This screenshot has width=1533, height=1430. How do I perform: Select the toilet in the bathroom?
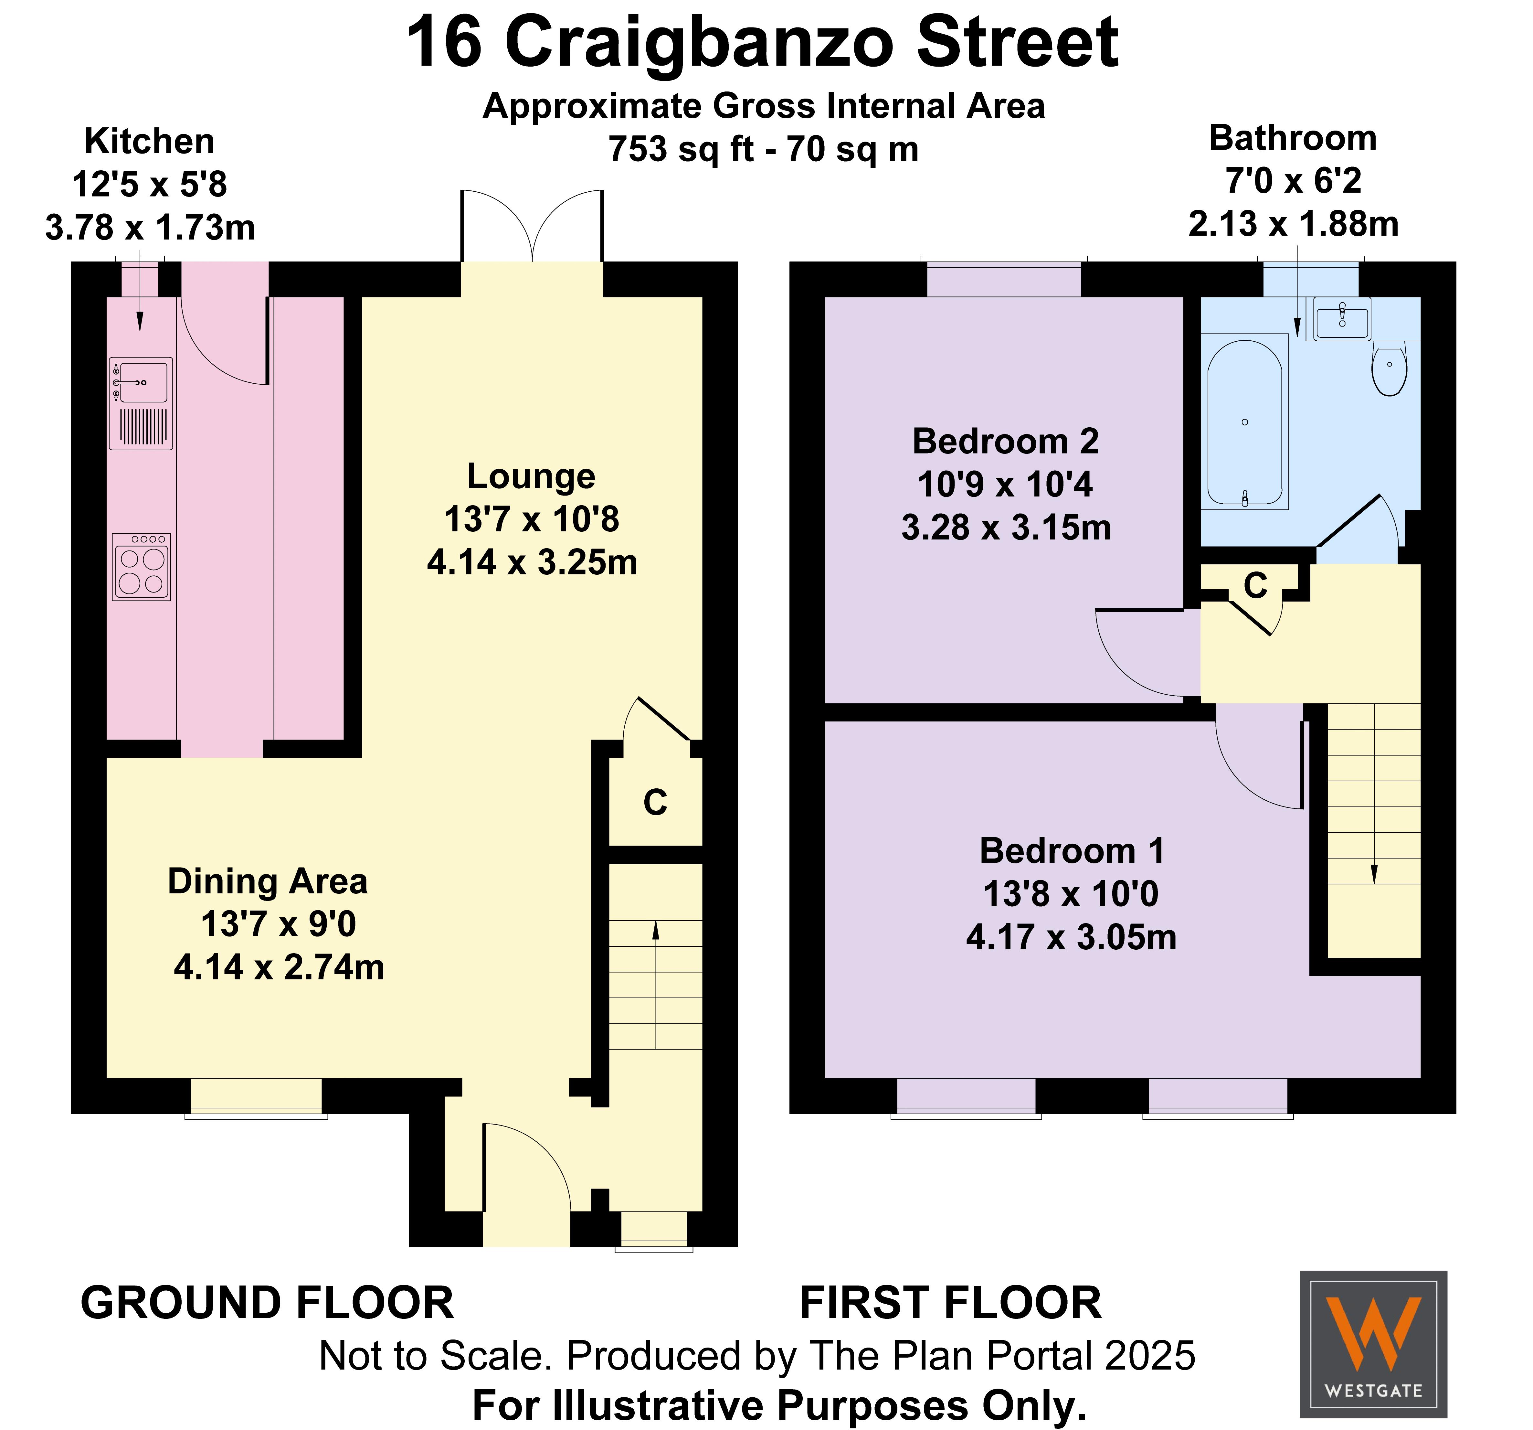pyautogui.click(x=1390, y=369)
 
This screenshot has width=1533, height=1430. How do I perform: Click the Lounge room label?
pyautogui.click(x=531, y=476)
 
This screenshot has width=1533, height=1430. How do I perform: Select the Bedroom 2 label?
pyautogui.click(x=1006, y=441)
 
